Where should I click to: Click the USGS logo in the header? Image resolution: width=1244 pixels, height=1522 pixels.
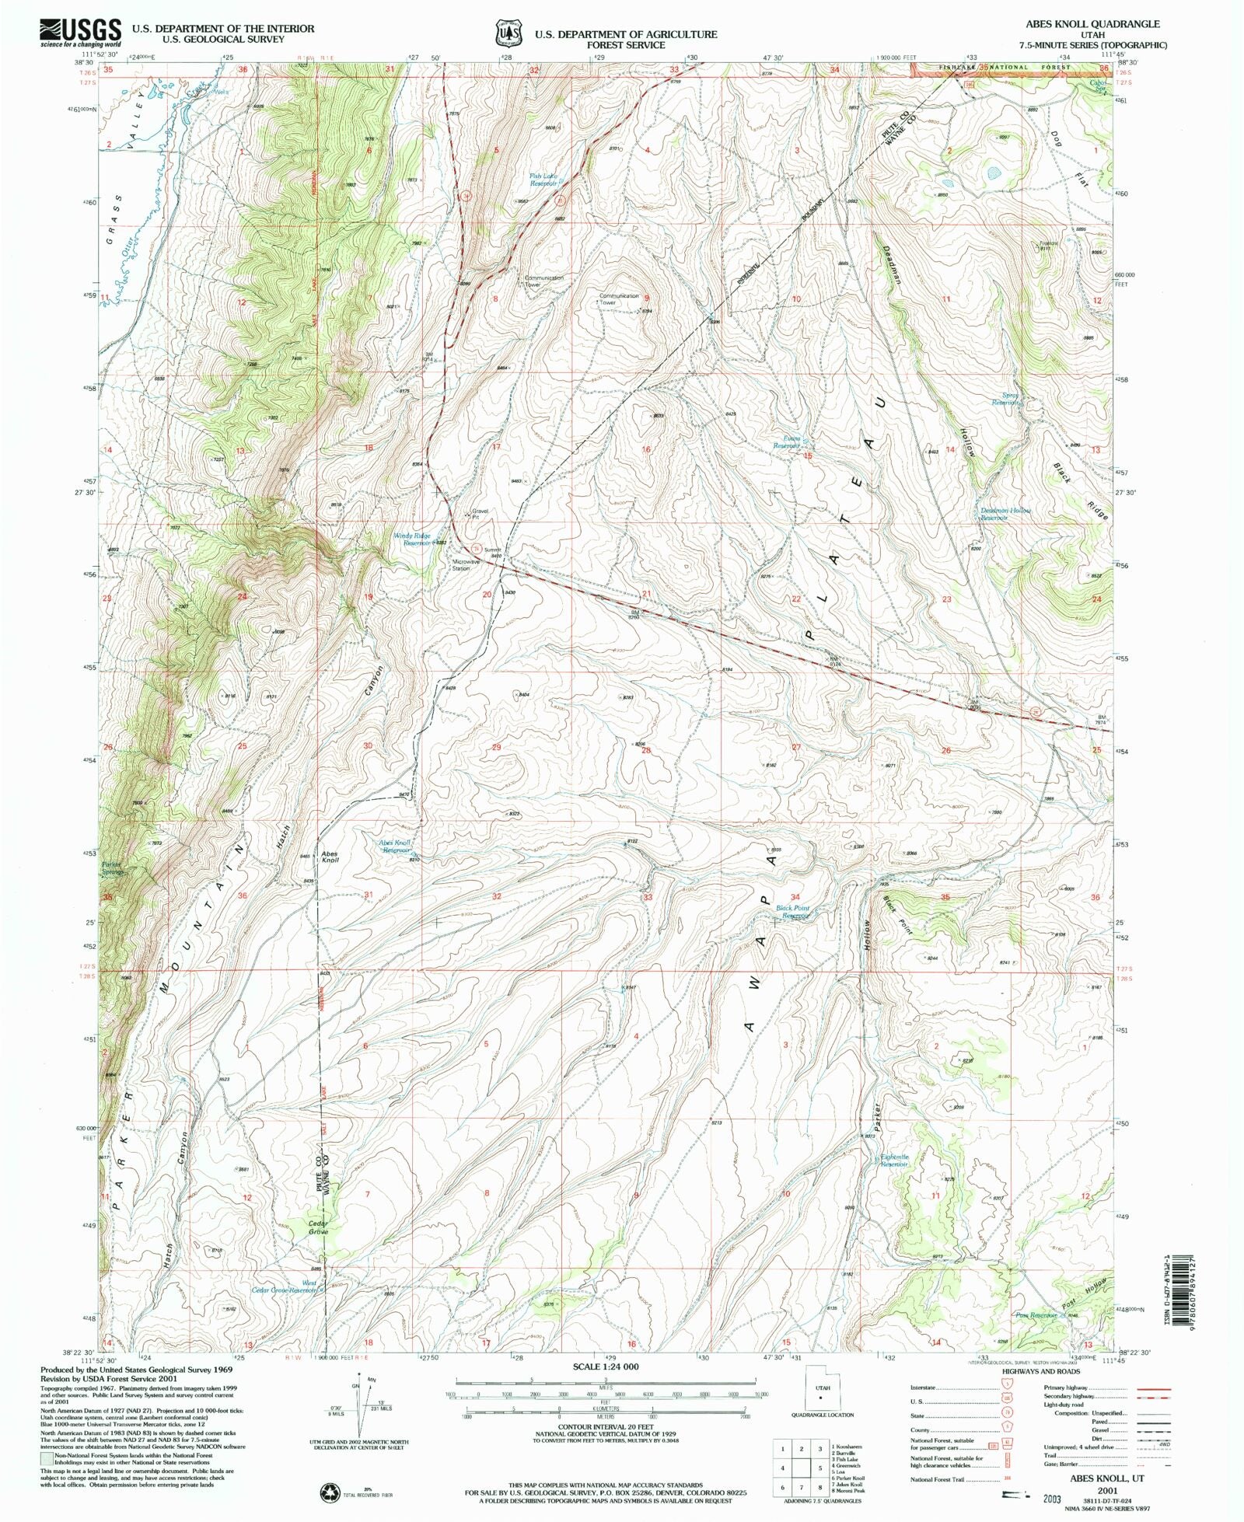[x=79, y=33]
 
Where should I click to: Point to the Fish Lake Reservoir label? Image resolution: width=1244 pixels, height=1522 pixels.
[x=543, y=180]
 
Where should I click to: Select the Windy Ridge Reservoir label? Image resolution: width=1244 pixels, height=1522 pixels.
[x=412, y=539]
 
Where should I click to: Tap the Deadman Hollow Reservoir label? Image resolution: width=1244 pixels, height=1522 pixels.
[x=1005, y=514]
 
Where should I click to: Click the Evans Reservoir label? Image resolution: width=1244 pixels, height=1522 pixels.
[x=787, y=442]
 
